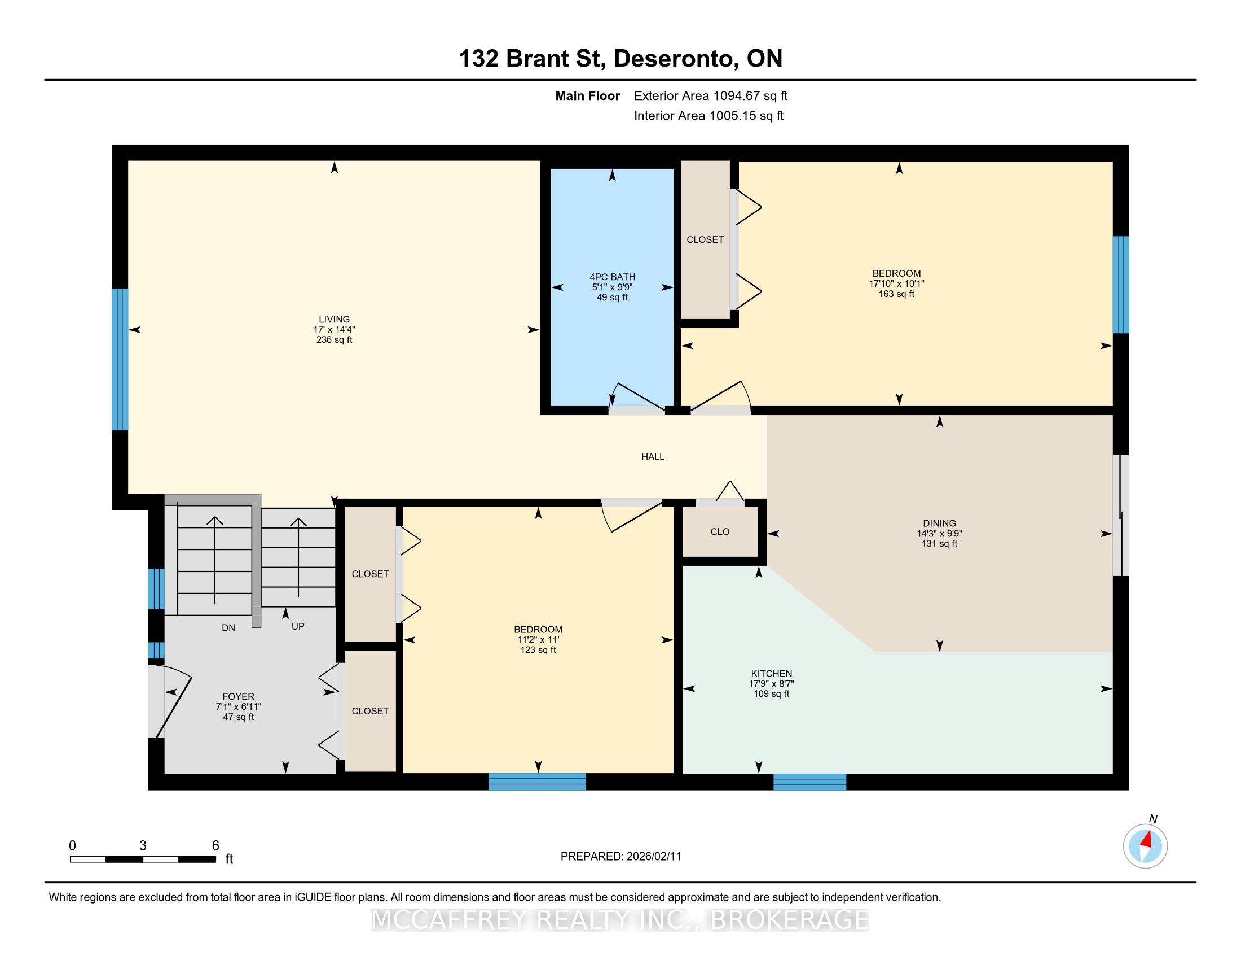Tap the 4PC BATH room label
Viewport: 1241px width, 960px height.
(612, 277)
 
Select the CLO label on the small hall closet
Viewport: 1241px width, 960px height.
(720, 532)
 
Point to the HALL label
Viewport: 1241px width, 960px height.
(653, 457)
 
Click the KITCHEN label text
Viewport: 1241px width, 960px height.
(771, 673)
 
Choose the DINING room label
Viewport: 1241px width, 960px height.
(940, 523)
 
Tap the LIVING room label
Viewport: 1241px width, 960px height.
(334, 319)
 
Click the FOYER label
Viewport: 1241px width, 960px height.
(238, 697)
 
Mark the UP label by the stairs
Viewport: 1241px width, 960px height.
(298, 626)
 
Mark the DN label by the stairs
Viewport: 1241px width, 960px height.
(228, 628)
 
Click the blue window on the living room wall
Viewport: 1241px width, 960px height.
(120, 359)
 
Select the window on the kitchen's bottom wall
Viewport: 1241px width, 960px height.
(809, 782)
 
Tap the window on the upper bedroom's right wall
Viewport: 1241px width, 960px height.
(1120, 285)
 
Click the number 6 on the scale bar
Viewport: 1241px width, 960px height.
(215, 846)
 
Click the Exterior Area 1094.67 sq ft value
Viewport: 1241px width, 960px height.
(711, 96)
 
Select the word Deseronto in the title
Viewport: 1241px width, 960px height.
(674, 59)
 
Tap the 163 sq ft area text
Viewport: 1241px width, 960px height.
(897, 294)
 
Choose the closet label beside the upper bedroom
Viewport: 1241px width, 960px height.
(705, 240)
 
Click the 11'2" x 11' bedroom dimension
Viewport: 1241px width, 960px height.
(538, 640)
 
